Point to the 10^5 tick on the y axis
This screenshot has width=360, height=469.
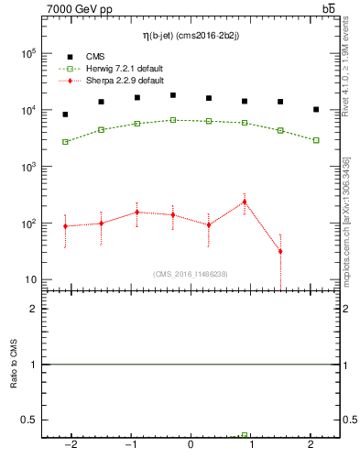(x=27, y=54)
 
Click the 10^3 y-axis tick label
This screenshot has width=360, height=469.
(x=27, y=168)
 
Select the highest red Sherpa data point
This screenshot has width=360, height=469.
(x=245, y=202)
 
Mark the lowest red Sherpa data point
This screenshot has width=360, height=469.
(x=280, y=251)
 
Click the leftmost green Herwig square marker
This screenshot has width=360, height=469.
(x=65, y=142)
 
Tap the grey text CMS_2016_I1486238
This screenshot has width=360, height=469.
(x=191, y=274)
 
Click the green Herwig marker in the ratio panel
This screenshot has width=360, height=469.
(x=245, y=435)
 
